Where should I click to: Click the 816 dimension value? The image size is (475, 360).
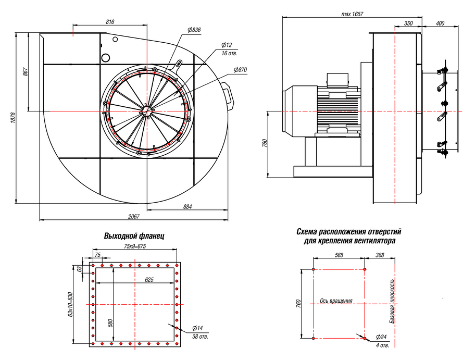point(110,22)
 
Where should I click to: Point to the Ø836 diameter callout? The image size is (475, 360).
point(194,30)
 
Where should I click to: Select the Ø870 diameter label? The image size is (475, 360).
point(240,70)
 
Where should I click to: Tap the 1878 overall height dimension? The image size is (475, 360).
point(12,118)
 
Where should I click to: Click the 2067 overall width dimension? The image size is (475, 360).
point(133,216)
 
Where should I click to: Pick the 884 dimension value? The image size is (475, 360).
point(187,207)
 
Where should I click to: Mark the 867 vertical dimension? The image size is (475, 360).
point(26,72)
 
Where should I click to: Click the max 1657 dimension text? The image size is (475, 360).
point(352,14)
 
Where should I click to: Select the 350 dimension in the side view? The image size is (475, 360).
point(408,23)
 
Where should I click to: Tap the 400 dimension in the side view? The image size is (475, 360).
point(440,23)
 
